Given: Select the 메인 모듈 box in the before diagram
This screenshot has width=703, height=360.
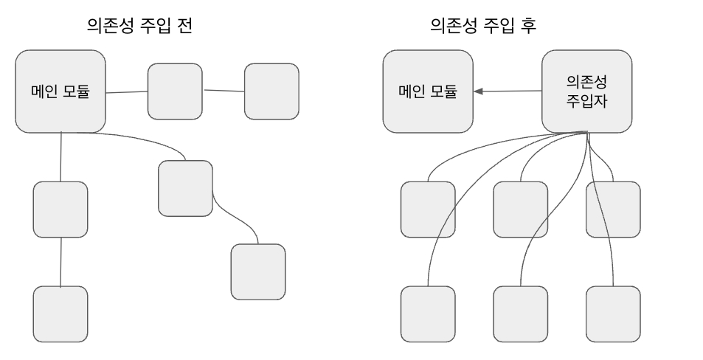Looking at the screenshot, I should (x=60, y=91).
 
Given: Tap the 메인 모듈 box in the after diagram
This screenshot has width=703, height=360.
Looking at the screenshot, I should (x=428, y=91).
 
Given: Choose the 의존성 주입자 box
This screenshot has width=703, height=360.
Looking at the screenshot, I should (x=586, y=91).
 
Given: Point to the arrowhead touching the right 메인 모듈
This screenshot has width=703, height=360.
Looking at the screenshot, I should (x=479, y=91).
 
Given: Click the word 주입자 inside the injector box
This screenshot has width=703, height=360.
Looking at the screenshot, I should (x=586, y=100).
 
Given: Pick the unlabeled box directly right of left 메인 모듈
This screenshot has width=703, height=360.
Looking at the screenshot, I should (x=175, y=91).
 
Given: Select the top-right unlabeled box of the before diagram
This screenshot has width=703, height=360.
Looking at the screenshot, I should (x=271, y=91).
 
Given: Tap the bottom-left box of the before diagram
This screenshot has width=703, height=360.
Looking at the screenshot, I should (x=60, y=313).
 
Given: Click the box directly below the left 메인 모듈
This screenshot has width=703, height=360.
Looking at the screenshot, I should (x=60, y=209).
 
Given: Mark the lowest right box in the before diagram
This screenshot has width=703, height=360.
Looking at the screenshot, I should (x=258, y=271).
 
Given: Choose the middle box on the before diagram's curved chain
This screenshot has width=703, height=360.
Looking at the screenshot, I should (x=185, y=188).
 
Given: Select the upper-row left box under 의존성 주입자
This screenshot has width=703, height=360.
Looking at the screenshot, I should (x=428, y=209).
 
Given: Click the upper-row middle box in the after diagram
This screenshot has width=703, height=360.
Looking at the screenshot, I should (x=521, y=209).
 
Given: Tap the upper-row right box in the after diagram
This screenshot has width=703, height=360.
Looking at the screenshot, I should (x=613, y=209).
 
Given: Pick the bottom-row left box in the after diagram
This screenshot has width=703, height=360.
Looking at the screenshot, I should (x=428, y=313).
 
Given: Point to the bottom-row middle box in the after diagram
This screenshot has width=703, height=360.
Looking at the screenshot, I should (x=521, y=313).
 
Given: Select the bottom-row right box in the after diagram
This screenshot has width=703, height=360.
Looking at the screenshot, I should (x=613, y=313).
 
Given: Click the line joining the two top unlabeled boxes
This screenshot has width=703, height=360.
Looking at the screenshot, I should (x=224, y=91).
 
